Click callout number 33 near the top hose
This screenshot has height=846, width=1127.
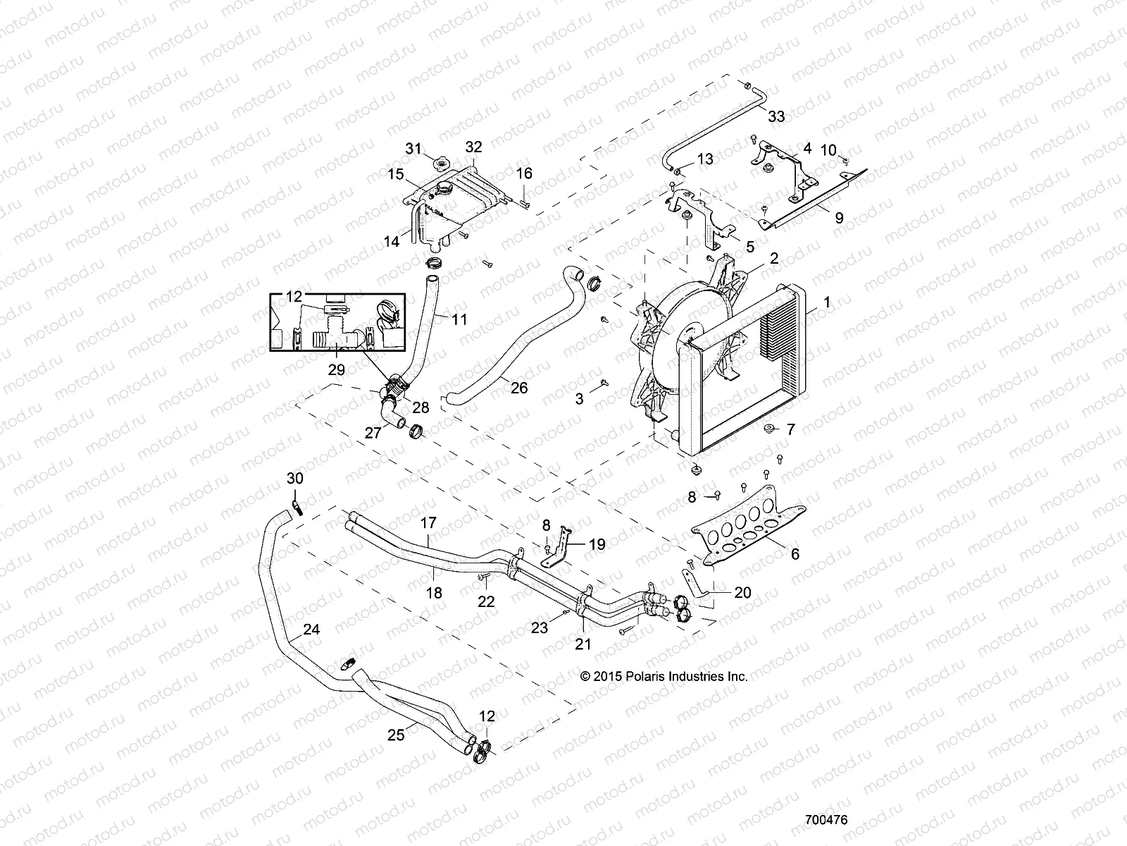click(x=776, y=116)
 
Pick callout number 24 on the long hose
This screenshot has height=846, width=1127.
click(x=311, y=630)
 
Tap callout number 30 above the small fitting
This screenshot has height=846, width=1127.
click(x=295, y=478)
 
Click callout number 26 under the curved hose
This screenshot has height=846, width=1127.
click(x=519, y=388)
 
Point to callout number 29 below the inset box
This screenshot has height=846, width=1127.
click(x=336, y=369)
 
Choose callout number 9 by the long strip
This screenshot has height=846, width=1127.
click(x=839, y=219)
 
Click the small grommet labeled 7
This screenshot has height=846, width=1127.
click(x=770, y=429)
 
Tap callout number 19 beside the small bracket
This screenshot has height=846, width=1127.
click(x=597, y=544)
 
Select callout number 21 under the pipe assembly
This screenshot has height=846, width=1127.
click(x=583, y=644)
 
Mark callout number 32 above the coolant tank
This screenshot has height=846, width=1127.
click(x=473, y=147)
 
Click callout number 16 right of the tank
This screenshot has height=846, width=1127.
click(x=524, y=173)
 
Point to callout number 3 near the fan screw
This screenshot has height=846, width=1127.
click(x=579, y=399)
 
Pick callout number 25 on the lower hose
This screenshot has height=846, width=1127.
click(x=397, y=735)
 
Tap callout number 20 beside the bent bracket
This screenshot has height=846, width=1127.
click(x=742, y=593)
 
